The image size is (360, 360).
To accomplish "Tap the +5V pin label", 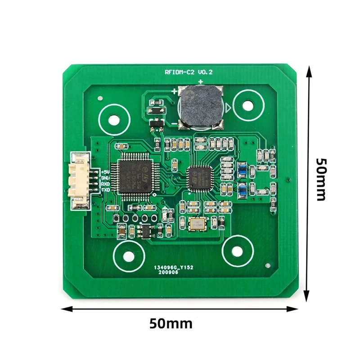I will coord(105,172).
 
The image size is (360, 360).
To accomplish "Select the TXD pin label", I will coord(105,190).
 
